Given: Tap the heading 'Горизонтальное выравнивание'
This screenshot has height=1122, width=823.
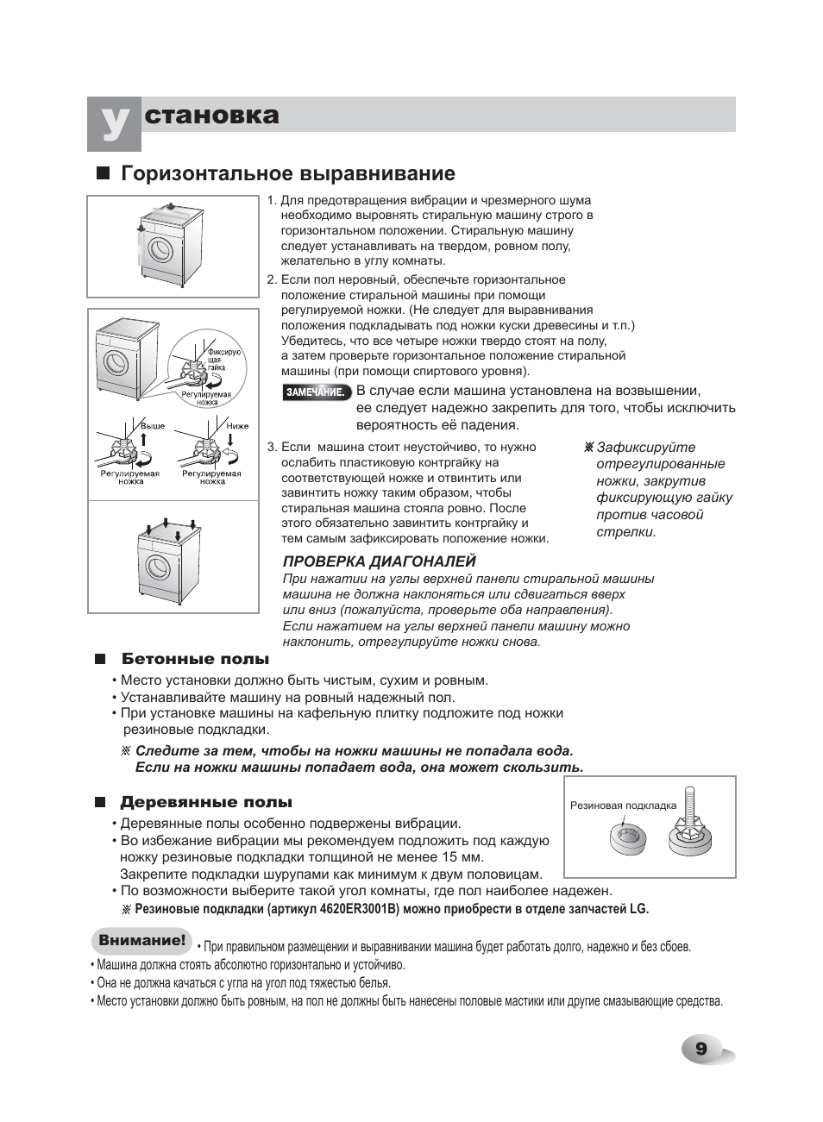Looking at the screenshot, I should tap(288, 173).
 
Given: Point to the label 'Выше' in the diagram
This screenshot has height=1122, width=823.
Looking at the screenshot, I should tap(153, 426).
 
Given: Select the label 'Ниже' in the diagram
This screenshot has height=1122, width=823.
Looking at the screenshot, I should tap(237, 426).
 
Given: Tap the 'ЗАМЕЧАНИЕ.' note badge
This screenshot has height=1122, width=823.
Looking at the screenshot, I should tap(317, 392).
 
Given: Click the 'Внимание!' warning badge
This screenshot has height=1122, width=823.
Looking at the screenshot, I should tap(141, 940).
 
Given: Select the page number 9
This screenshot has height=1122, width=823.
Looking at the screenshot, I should tap(701, 1049).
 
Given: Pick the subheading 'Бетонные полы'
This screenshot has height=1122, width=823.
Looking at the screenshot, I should tap(195, 659).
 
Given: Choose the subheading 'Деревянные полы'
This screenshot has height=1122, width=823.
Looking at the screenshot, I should tap(206, 803).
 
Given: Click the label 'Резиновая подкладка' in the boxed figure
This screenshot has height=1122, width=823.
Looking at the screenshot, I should tap(623, 805).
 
